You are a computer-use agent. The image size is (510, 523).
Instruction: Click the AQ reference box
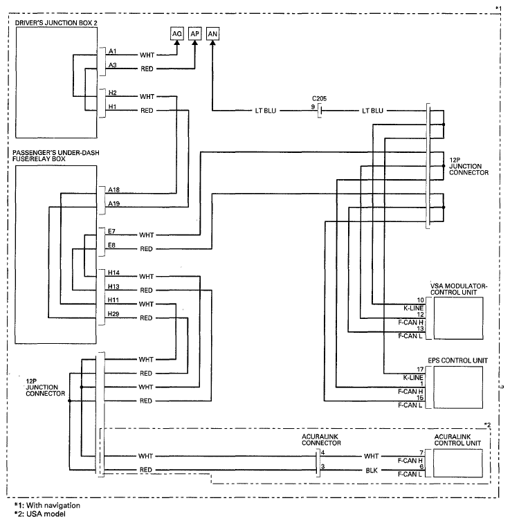pos(176,34)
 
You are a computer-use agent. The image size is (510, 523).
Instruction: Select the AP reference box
pos(194,34)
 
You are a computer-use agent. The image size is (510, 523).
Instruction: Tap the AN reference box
pos(213,34)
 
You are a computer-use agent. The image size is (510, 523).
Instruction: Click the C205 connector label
pos(319,99)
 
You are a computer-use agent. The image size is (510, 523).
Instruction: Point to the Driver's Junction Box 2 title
pos(56,23)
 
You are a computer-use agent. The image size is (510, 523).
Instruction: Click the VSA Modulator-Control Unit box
pos(458,318)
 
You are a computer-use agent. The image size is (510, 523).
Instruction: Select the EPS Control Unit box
pos(458,387)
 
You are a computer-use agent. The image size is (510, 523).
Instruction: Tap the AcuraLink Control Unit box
pos(458,463)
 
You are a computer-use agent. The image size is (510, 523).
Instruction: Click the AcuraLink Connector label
pos(321,439)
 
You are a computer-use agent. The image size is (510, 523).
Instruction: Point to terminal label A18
pos(113,190)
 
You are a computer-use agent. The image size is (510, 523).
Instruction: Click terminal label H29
pos(113,314)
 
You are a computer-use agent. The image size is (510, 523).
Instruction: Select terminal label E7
pos(111,231)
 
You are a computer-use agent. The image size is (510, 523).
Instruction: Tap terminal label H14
pos(113,273)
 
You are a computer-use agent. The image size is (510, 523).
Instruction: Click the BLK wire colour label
pos(372,470)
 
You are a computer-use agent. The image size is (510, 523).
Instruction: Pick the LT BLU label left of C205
pos(266,111)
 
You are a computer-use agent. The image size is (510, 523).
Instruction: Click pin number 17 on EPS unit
pos(420,369)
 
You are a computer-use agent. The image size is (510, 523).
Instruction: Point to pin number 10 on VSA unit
pos(420,300)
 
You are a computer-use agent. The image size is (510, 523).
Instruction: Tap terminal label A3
pos(112,65)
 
